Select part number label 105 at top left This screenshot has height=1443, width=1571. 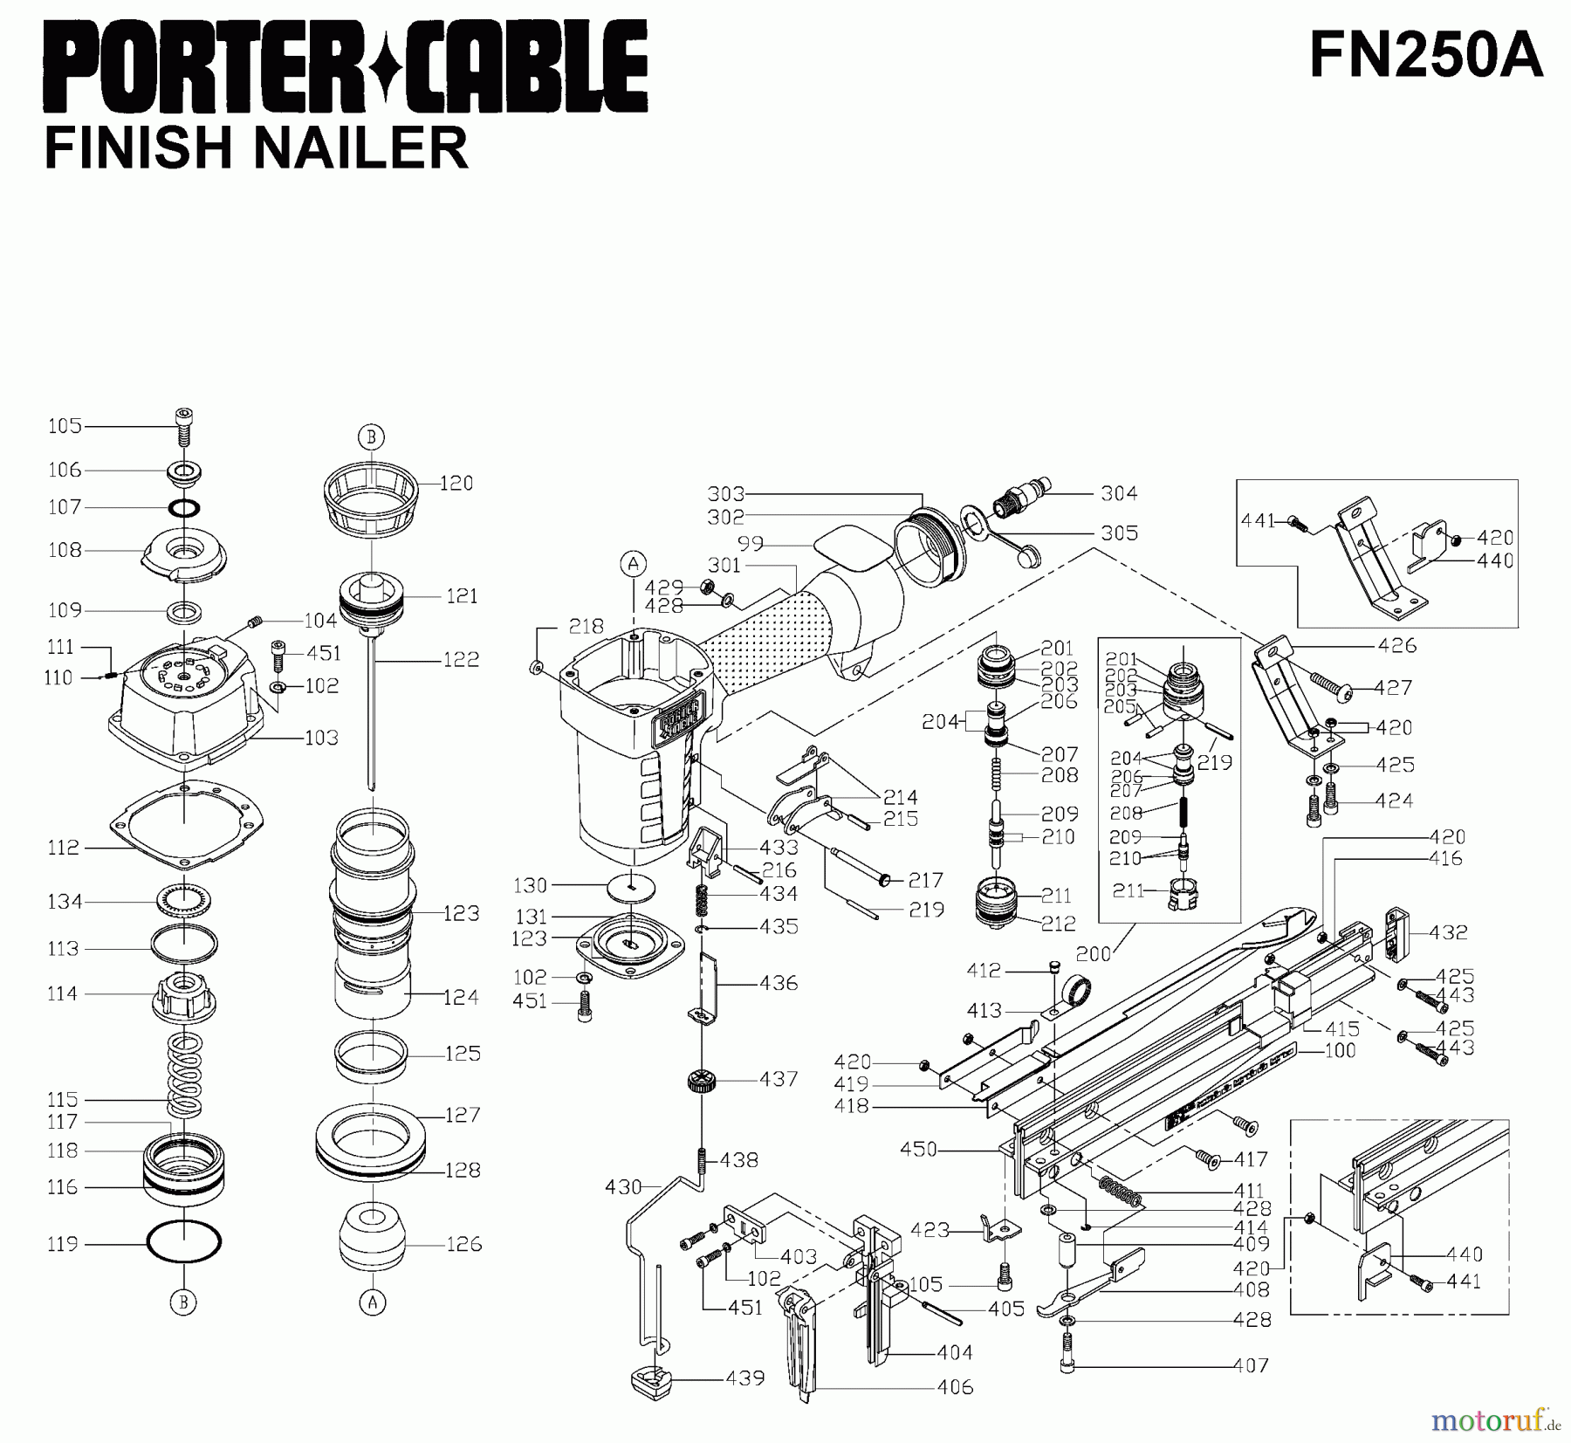click(65, 426)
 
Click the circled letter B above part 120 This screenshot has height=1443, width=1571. click(371, 436)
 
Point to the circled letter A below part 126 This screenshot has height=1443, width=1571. click(373, 1303)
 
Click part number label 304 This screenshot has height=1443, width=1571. click(1119, 494)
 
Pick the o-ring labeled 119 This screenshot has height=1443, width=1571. click(184, 1241)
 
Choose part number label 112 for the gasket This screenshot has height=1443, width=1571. click(63, 848)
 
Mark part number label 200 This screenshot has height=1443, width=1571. click(1093, 954)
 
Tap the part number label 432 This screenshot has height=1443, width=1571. click(1448, 932)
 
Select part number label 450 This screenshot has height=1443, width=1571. click(918, 1150)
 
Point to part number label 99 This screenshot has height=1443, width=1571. click(750, 544)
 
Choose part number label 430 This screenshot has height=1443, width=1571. click(623, 1187)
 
